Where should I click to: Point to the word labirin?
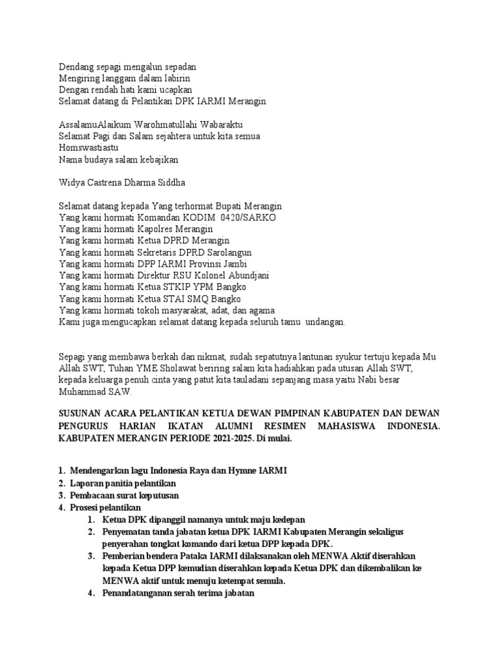(x=175, y=78)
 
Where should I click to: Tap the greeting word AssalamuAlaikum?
(x=94, y=124)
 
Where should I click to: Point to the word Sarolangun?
(x=227, y=252)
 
